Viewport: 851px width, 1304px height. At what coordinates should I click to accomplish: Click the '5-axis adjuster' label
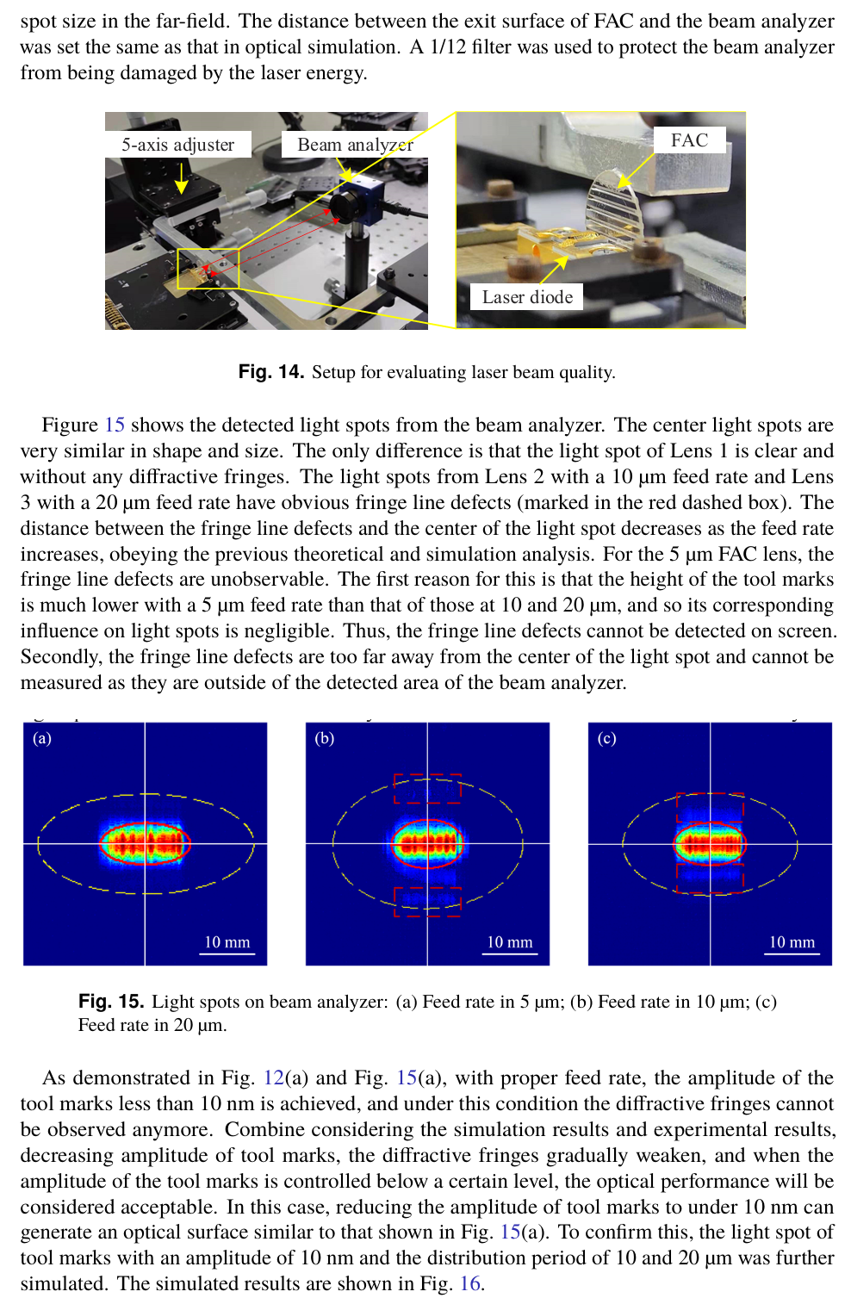pyautogui.click(x=177, y=145)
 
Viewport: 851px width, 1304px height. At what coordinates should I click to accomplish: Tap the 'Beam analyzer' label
pyautogui.click(x=355, y=145)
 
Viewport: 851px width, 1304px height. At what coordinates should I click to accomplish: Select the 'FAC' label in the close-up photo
pyautogui.click(x=689, y=140)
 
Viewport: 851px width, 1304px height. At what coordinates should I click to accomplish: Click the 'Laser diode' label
pyautogui.click(x=527, y=297)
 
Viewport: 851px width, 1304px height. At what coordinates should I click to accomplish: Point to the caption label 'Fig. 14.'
pyautogui.click(x=270, y=372)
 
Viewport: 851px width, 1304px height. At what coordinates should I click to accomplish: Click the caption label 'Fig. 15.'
pyautogui.click(x=110, y=1001)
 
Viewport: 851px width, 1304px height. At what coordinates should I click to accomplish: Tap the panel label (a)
pyautogui.click(x=42, y=738)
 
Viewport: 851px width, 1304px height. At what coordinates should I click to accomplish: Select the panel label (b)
pyautogui.click(x=325, y=738)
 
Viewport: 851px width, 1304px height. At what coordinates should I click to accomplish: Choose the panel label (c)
pyautogui.click(x=607, y=738)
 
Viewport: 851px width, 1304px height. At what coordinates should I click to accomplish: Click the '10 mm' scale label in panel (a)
pyautogui.click(x=227, y=942)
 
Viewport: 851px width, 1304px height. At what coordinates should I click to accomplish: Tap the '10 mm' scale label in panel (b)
pyautogui.click(x=510, y=942)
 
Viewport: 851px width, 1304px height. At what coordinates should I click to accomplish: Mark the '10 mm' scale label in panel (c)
pyautogui.click(x=792, y=942)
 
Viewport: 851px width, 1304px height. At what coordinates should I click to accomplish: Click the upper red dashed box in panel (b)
pyautogui.click(x=427, y=788)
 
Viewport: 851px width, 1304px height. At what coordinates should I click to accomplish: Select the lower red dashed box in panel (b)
pyautogui.click(x=427, y=902)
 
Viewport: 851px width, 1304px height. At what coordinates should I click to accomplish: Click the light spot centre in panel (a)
pyautogui.click(x=145, y=843)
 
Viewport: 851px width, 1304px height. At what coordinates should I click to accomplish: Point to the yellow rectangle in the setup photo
pyautogui.click(x=208, y=268)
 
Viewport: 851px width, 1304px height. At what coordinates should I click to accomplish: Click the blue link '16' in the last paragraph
pyautogui.click(x=470, y=1283)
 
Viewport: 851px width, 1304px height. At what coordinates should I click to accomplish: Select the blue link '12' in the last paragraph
pyautogui.click(x=273, y=1077)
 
